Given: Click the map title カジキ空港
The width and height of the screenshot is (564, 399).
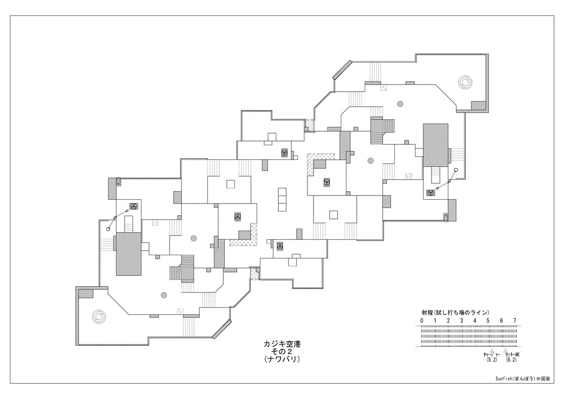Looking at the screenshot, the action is coord(282,344).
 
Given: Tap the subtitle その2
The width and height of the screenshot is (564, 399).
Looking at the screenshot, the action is coord(282,352).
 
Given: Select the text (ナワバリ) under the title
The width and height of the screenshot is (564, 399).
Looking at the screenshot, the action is coord(282,359).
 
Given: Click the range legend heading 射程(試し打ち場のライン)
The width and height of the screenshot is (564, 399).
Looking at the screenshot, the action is coord(455,313).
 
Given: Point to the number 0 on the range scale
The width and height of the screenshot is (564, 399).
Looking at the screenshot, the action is coord(422,321).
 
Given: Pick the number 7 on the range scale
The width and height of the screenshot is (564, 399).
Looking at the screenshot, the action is coord(515,321).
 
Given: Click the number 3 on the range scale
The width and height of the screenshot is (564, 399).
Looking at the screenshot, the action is coord(462,321).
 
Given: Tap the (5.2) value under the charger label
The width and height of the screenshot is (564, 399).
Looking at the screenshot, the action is coord(492,360).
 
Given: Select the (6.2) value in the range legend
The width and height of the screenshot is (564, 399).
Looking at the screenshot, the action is coord(511,360).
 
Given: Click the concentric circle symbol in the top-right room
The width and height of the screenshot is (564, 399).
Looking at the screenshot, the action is coord(465,82).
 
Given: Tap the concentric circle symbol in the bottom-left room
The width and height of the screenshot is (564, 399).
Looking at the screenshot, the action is coord(99,316).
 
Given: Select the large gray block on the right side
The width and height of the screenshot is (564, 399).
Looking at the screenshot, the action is coord(436,145).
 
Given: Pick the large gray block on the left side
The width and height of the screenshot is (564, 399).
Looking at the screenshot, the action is coord(128,254).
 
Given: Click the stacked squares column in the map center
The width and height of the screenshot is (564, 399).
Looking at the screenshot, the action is coord(282,199).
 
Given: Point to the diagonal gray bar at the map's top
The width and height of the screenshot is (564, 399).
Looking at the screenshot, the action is coord(342,70).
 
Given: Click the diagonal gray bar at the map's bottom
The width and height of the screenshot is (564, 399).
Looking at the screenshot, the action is coord(222,329).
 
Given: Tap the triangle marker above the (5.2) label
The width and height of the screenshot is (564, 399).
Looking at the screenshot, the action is coord(492,350).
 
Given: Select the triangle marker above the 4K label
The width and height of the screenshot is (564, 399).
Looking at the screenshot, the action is coord(505,350).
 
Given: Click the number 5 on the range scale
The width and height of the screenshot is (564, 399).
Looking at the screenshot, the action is coord(488,321).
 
